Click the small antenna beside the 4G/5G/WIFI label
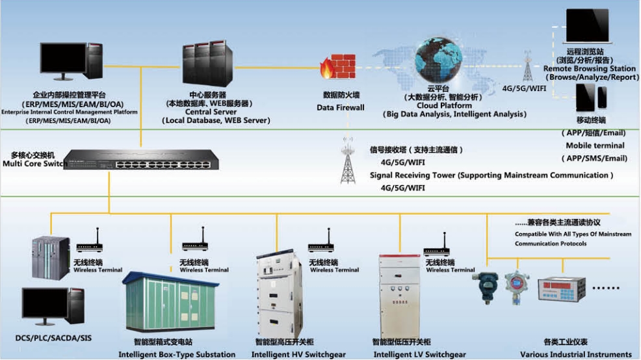coord(527,66)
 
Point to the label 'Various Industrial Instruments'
coord(575,355)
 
